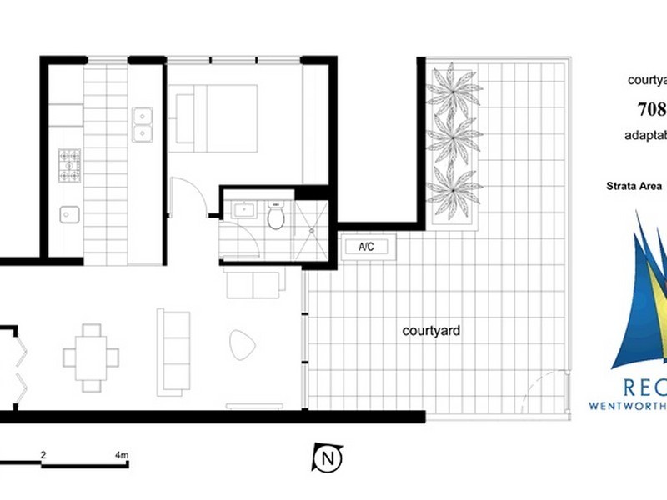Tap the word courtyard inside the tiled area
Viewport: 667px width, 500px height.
tap(431, 331)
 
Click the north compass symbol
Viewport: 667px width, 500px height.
tap(328, 457)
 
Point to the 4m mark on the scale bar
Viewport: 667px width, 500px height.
tap(121, 455)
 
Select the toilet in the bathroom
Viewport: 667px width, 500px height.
tap(276, 216)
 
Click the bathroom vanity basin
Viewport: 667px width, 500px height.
tap(244, 210)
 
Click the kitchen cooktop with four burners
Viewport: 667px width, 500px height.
tap(68, 165)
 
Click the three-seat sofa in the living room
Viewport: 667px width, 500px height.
tap(173, 351)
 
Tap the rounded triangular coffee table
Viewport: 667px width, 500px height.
tap(242, 344)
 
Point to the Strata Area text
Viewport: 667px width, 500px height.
tap(635, 186)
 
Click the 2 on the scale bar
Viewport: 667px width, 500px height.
tap(43, 455)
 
